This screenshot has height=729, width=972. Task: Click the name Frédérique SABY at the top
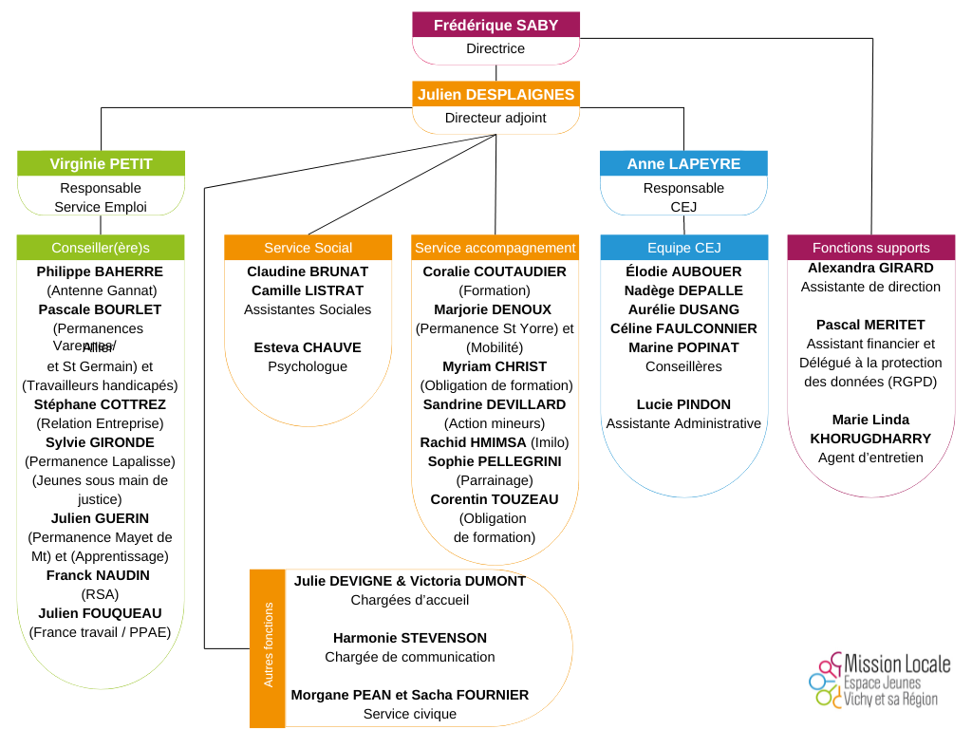click(495, 25)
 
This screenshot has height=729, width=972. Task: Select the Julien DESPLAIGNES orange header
click(495, 94)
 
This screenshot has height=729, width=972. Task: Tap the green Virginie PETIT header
click(101, 163)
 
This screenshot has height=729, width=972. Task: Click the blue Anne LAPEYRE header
click(683, 163)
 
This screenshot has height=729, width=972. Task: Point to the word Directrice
click(495, 48)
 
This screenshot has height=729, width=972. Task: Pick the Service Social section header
click(308, 248)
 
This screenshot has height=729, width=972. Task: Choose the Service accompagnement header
click(495, 248)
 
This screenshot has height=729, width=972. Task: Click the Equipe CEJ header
click(683, 248)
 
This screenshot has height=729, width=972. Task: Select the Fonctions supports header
click(870, 248)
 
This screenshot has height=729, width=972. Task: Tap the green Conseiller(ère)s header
click(101, 248)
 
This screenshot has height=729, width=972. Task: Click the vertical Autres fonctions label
click(268, 645)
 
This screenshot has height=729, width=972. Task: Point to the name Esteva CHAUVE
click(308, 347)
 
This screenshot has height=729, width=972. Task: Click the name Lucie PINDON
click(683, 404)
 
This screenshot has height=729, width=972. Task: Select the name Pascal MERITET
click(870, 325)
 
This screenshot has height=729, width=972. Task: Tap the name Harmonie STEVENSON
click(410, 638)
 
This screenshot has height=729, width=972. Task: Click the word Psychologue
click(308, 366)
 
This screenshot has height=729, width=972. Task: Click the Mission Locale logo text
click(896, 664)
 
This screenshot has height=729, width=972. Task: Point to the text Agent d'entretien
click(870, 458)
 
